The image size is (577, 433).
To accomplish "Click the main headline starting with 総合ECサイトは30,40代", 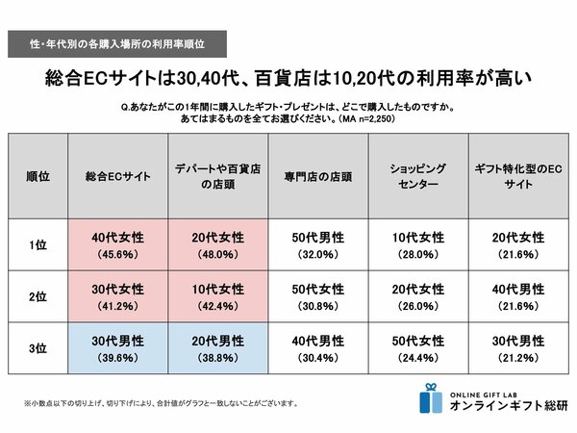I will [288, 77].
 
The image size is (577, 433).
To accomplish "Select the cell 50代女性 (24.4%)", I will [417, 349].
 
